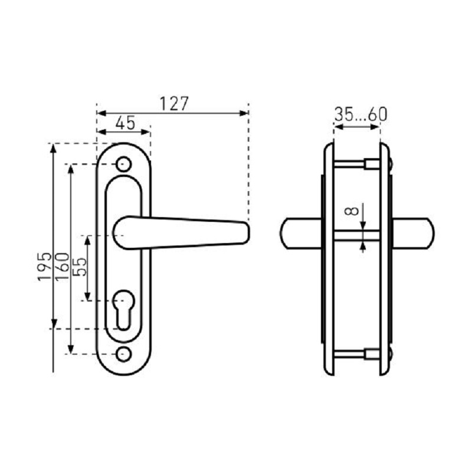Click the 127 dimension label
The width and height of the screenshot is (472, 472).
(x=174, y=104)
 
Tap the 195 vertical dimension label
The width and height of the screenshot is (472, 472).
(x=45, y=267)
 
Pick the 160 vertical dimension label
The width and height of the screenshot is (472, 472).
(x=63, y=267)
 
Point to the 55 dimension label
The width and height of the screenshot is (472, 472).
(x=80, y=267)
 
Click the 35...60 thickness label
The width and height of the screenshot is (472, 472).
(x=360, y=114)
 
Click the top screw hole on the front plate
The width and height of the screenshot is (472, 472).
(x=124, y=165)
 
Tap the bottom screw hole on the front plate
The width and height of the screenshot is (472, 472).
(x=124, y=354)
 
